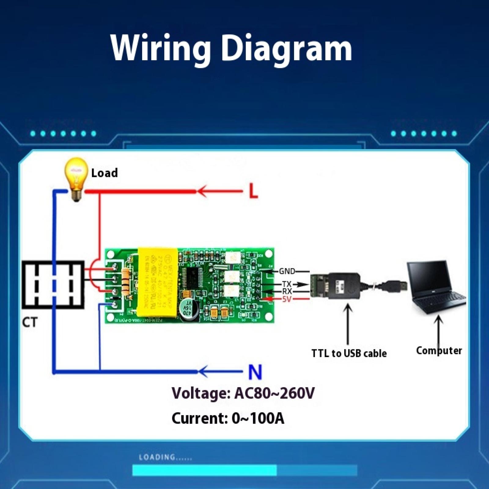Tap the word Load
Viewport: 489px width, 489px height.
pos(105,173)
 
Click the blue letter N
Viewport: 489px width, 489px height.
pos(255,372)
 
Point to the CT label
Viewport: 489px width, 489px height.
pos(30,322)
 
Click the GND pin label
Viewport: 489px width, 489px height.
pos(287,271)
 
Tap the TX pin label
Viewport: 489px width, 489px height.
pos(286,284)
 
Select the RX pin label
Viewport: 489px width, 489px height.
pos(287,291)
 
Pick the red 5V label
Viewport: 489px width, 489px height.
pos(287,299)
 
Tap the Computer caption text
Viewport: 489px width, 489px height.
pos(439,351)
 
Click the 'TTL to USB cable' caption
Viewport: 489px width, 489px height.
pos(349,353)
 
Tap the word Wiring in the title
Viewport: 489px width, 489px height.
pos(161,48)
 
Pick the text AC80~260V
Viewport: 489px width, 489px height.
pos(274,393)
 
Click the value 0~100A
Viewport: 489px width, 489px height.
pos(258,418)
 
